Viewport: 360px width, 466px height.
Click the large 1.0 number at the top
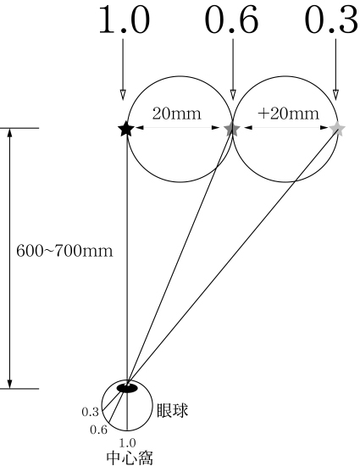[125, 20]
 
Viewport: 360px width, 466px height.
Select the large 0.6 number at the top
[232, 20]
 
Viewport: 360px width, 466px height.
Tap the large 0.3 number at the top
[332, 20]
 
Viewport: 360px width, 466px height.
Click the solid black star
[126, 129]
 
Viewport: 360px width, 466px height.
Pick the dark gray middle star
[232, 129]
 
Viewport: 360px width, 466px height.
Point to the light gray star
[337, 129]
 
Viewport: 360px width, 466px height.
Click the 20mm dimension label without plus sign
[177, 114]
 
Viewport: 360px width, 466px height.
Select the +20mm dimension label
[288, 114]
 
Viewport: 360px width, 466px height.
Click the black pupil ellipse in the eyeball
[127, 388]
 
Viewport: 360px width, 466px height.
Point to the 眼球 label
[172, 410]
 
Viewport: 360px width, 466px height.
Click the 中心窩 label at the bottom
[130, 458]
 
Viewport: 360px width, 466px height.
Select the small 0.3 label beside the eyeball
[90, 413]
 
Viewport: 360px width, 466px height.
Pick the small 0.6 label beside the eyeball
[98, 430]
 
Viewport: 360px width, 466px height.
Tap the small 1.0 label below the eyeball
[127, 443]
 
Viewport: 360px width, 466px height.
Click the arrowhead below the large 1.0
[123, 94]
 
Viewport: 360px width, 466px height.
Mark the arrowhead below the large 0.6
[233, 94]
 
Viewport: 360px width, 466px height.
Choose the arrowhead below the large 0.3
[335, 94]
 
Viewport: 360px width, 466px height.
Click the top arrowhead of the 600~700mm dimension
[10, 133]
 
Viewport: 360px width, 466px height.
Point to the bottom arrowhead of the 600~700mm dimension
[10, 384]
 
